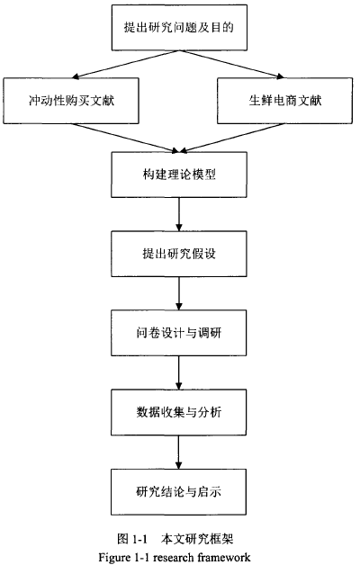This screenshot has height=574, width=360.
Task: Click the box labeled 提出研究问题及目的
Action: pyautogui.click(x=179, y=28)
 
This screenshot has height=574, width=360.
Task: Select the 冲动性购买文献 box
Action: pyautogui.click(x=71, y=101)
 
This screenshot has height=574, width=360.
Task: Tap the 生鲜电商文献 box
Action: pyautogui.click(x=285, y=101)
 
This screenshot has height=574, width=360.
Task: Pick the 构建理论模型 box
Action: pyautogui.click(x=179, y=175)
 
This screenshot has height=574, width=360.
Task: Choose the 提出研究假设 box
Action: pyautogui.click(x=179, y=254)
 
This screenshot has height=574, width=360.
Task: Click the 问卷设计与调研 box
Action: pyautogui.click(x=179, y=333)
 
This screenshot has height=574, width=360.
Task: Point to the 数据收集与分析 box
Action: pyautogui.click(x=179, y=412)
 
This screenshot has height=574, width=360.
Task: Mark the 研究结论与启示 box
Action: pyautogui.click(x=179, y=491)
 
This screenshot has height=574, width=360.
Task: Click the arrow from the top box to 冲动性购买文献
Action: pyautogui.click(x=126, y=64)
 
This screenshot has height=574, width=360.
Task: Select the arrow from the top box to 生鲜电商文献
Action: pyautogui.click(x=232, y=64)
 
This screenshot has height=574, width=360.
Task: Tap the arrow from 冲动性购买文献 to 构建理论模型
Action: pyautogui.click(x=124, y=138)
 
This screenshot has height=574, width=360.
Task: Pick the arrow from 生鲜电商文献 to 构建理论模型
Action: pyautogui.click(x=232, y=138)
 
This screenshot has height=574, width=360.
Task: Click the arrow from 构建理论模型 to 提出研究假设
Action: pyautogui.click(x=179, y=214)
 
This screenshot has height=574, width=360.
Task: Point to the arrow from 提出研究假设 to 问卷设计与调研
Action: pyautogui.click(x=179, y=293)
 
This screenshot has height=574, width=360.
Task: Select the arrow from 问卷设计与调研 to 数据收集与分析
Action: pyautogui.click(x=179, y=372)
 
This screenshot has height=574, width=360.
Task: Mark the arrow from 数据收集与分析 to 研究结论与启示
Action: pyautogui.click(x=179, y=453)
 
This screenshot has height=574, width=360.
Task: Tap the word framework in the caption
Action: pyautogui.click(x=224, y=558)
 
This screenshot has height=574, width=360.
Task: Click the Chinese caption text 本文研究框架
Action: pyautogui.click(x=197, y=539)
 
